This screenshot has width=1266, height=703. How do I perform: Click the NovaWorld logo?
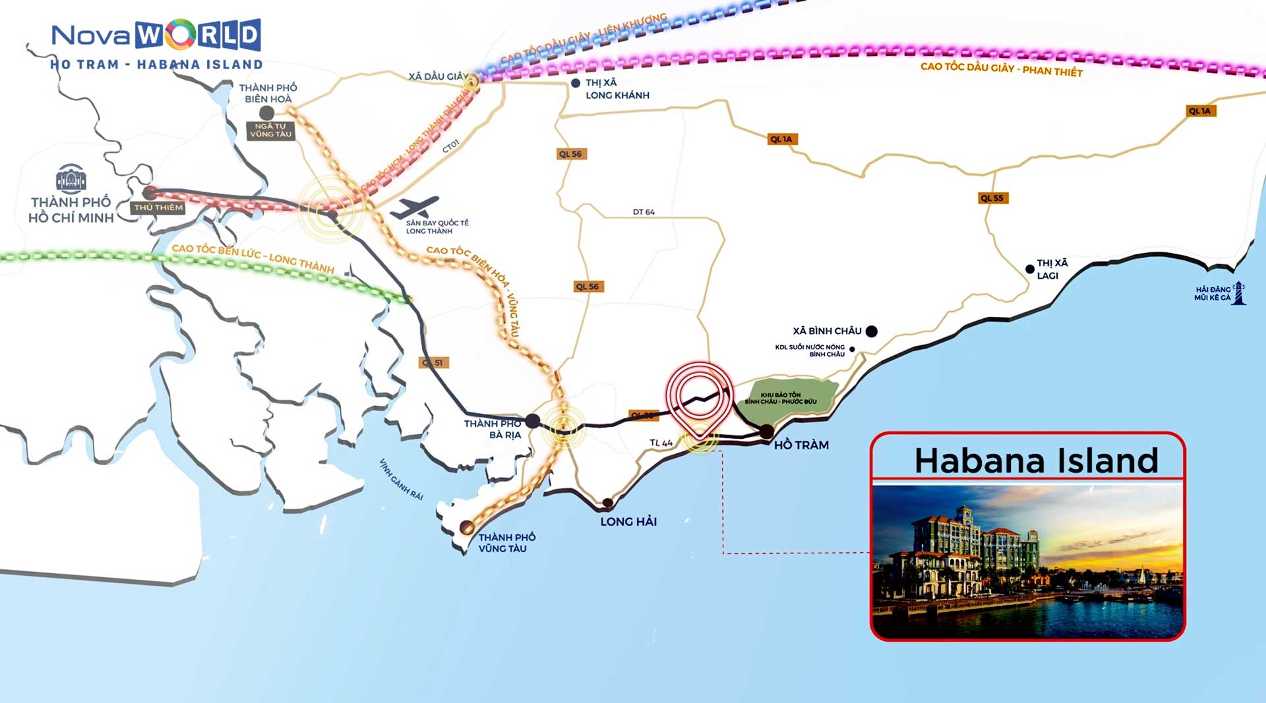[x=156, y=36]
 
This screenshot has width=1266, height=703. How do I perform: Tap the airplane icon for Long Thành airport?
[x=414, y=208]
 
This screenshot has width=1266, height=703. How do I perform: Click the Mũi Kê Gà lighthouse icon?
[x=1239, y=293]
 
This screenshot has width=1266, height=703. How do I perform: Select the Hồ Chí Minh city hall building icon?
[x=71, y=179]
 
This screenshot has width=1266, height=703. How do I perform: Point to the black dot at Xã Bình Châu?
[x=871, y=331]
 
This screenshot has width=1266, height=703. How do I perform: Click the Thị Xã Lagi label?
[x=1052, y=269]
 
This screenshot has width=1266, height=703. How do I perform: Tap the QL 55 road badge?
[x=992, y=198]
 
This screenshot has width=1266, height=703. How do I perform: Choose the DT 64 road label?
[x=644, y=212]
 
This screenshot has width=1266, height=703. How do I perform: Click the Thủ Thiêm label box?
[x=158, y=208]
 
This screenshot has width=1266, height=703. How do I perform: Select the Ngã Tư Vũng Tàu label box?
[x=270, y=130]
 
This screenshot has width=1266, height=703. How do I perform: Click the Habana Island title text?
[x=1036, y=461]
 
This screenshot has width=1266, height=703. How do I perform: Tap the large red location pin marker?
[x=699, y=394]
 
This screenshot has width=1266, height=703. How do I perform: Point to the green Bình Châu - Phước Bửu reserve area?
[x=785, y=398]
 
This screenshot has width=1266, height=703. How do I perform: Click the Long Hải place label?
[x=628, y=522]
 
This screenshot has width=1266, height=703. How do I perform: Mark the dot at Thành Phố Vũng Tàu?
[x=466, y=527]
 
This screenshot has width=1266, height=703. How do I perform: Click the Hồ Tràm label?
[x=801, y=445]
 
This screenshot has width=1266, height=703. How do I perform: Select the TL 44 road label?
[x=661, y=443]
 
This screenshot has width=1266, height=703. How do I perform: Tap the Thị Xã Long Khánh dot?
[x=576, y=83]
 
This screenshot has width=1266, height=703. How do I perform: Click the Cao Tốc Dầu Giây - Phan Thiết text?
[x=1001, y=69]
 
